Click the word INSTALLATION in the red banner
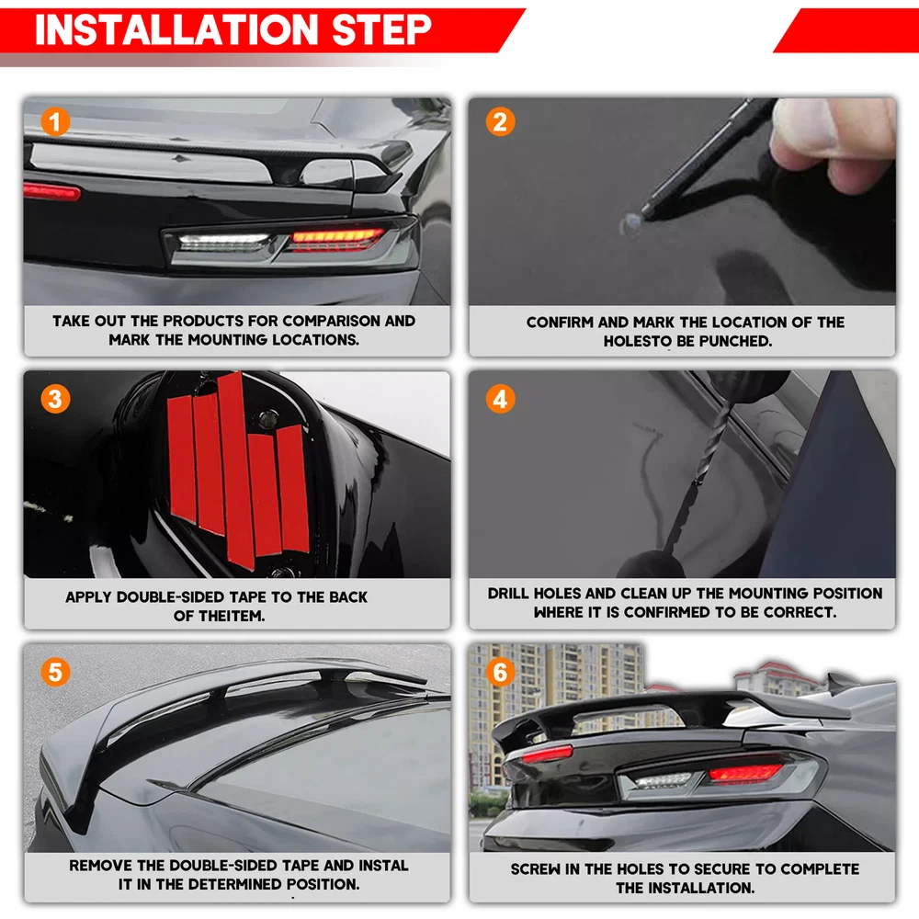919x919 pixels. [x=176, y=29]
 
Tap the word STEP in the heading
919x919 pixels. [x=381, y=29]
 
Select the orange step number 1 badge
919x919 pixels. [x=55, y=122]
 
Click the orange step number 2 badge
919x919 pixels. [x=500, y=122]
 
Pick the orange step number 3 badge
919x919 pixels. [x=55, y=399]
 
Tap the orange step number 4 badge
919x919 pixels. [x=500, y=399]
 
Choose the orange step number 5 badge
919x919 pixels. [x=55, y=672]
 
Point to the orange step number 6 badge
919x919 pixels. [x=500, y=672]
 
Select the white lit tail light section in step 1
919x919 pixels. [x=224, y=242]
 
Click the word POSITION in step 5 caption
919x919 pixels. [x=321, y=884]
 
